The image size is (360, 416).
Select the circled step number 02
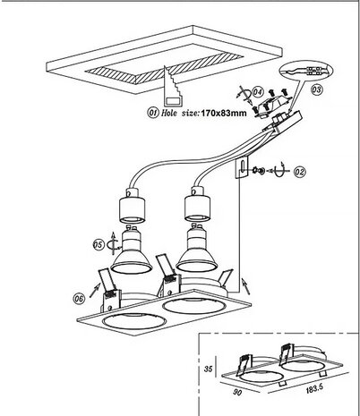[298, 168]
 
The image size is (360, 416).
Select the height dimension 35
[208, 368]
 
